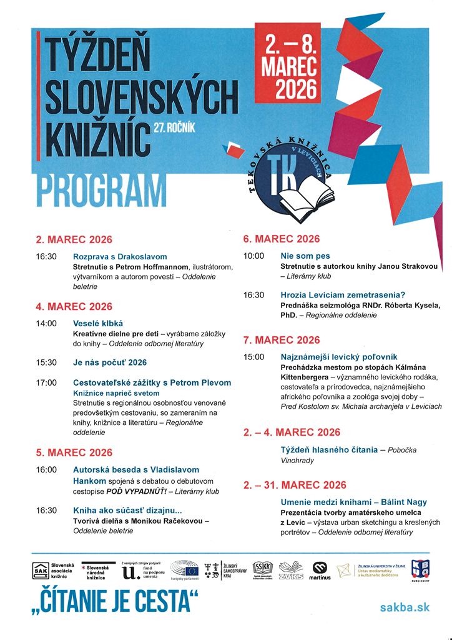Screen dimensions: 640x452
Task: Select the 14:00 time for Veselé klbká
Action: coord(46,323)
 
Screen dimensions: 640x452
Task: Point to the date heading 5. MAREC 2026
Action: coord(74,452)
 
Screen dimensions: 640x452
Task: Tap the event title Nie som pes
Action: coord(305,256)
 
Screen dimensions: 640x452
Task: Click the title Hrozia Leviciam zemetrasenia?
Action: coord(343,295)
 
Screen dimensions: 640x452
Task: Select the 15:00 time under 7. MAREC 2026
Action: coord(253,357)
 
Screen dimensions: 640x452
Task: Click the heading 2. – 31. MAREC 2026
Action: coord(294,485)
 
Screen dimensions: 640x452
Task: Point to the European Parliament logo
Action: coord(185,569)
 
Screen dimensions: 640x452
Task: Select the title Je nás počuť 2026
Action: coord(110,362)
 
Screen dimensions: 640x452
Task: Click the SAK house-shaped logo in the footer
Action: coord(41,570)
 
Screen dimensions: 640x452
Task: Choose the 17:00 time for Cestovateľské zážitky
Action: coord(46,382)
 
